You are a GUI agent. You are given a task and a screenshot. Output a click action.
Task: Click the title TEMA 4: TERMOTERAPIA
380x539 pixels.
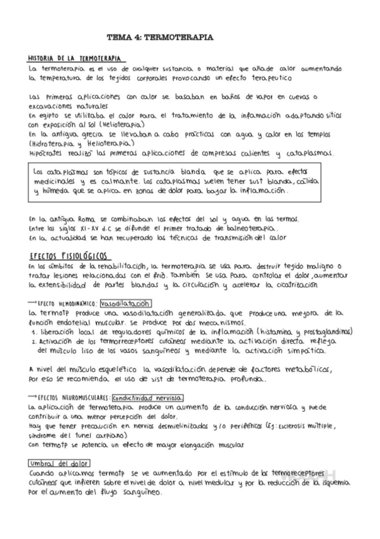pyautogui.click(x=159, y=38)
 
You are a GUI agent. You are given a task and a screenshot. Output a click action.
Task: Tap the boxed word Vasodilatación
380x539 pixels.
pyautogui.click(x=131, y=303)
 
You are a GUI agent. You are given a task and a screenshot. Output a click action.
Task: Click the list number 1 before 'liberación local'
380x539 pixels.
pyautogui.click(x=32, y=331)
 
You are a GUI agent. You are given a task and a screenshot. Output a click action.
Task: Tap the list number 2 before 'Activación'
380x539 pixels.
pyautogui.click(x=32, y=341)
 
